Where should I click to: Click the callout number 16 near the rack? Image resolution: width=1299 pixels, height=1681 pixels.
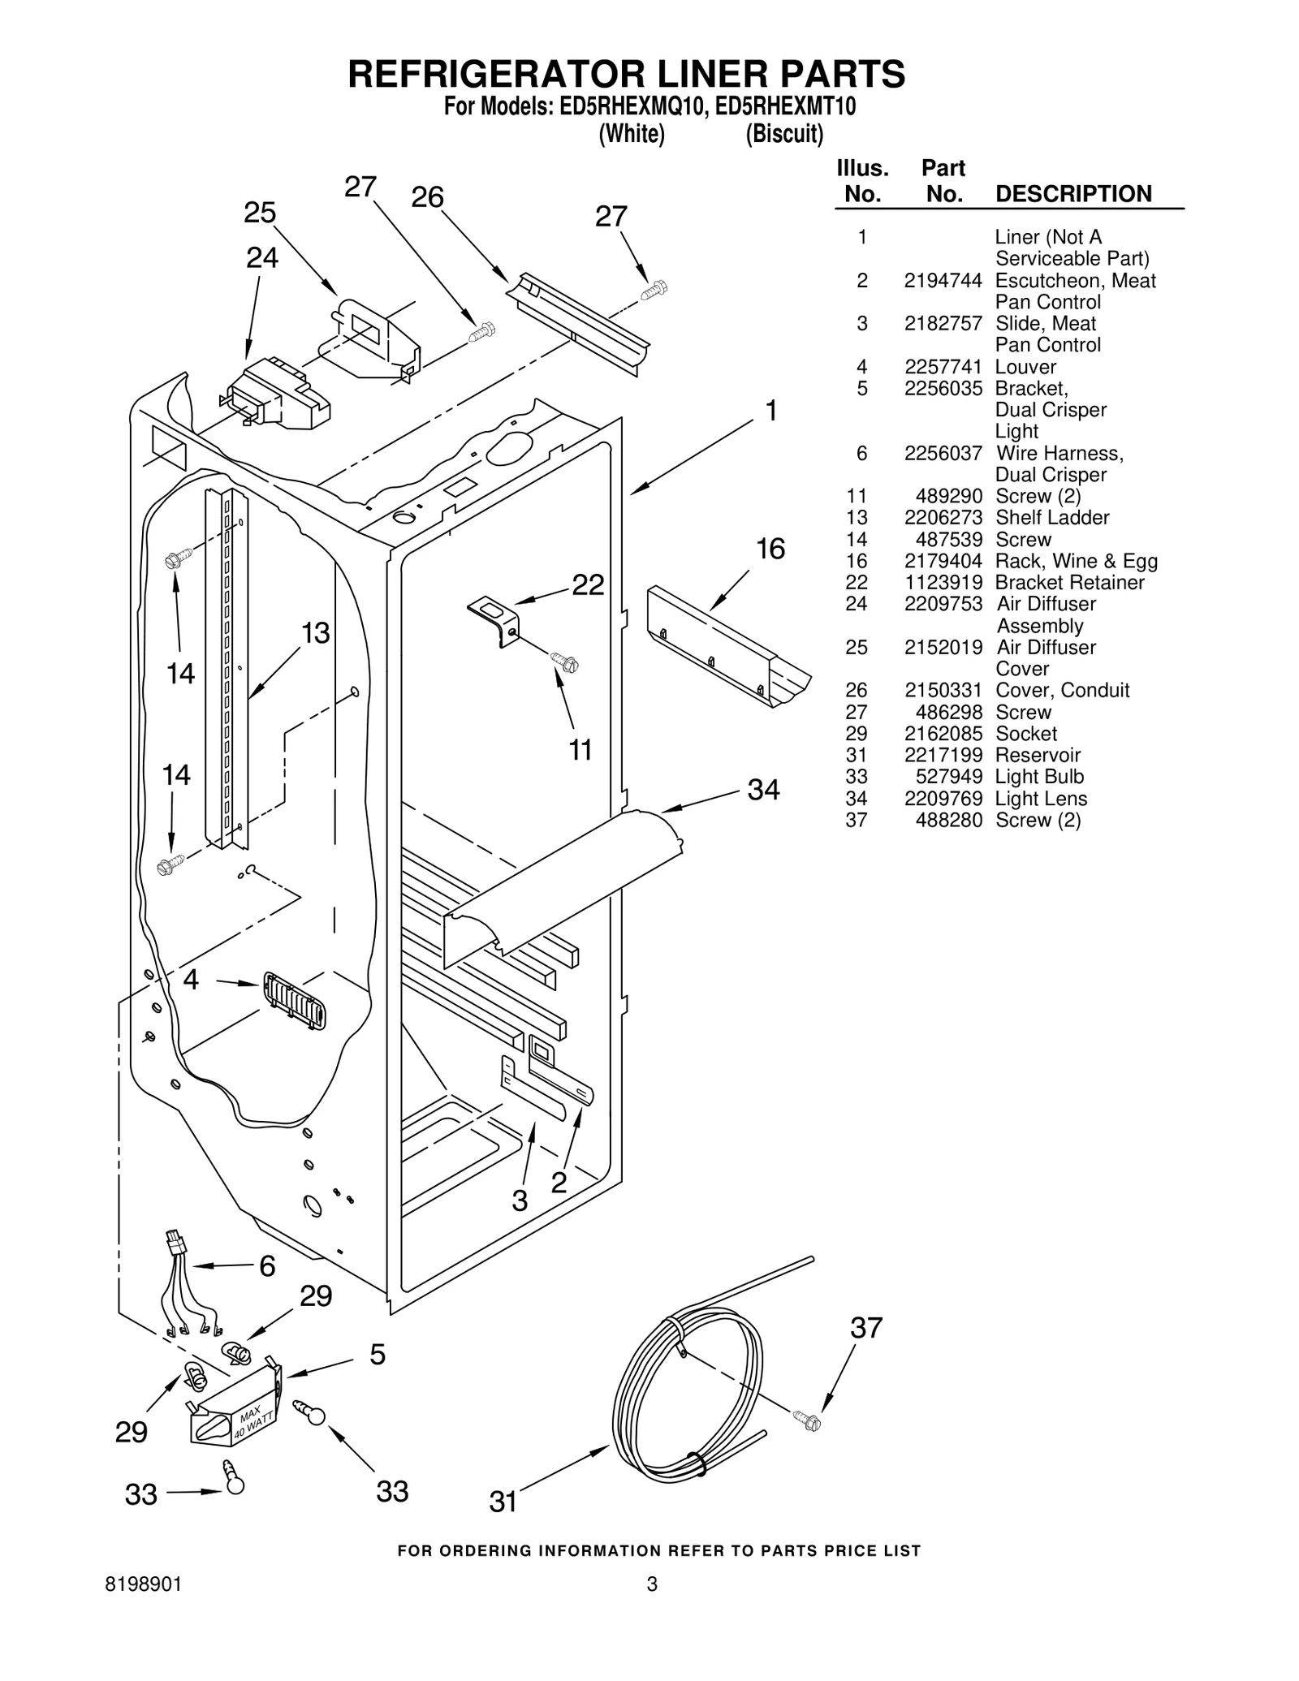tap(770, 550)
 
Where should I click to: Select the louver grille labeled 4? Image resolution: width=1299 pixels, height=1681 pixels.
tap(293, 1001)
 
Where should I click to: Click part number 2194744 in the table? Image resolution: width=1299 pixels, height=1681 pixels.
tap(943, 281)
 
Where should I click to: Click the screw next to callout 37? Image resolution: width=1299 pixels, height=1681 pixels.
tap(808, 1420)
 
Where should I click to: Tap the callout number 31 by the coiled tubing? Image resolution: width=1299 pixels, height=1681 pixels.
tap(503, 1502)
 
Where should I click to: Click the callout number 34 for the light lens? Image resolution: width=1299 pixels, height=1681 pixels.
tap(763, 789)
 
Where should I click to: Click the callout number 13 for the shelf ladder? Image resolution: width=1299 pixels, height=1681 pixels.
tap(316, 633)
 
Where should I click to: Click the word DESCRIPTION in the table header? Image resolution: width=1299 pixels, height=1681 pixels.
tap(1072, 194)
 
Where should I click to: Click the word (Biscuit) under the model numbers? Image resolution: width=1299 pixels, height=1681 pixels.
tap(784, 134)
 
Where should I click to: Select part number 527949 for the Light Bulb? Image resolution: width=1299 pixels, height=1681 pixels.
tap(948, 777)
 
